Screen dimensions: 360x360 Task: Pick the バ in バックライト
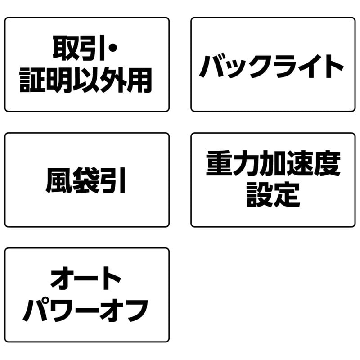click(x=212, y=66)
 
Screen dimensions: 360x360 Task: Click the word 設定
click(x=273, y=195)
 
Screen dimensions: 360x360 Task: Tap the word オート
click(x=86, y=279)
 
